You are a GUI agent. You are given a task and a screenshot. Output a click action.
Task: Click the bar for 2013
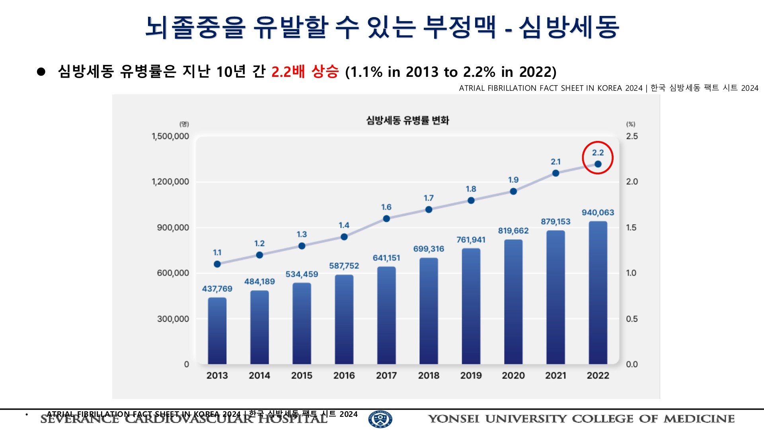click(217, 330)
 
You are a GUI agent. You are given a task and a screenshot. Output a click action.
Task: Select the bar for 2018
click(429, 311)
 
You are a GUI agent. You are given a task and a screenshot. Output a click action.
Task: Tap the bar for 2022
click(598, 293)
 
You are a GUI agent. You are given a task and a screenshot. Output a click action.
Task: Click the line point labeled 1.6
click(386, 219)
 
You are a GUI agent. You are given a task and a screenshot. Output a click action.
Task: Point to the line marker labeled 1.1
click(217, 264)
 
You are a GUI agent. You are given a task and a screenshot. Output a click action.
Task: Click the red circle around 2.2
click(598, 158)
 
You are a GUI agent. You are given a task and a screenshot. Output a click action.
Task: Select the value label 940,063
click(598, 213)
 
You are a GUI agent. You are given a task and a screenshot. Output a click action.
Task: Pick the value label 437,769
click(217, 289)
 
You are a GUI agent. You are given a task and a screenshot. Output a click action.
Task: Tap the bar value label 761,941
click(471, 240)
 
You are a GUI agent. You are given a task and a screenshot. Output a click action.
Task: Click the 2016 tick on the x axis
click(344, 375)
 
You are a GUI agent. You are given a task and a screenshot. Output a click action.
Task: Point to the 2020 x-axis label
click(513, 375)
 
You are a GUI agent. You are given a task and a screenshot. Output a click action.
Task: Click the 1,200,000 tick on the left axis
click(170, 182)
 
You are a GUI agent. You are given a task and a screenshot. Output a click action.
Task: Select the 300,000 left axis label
click(173, 319)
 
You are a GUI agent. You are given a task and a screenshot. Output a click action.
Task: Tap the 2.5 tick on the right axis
click(632, 136)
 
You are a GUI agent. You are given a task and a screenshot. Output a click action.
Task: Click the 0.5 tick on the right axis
click(631, 319)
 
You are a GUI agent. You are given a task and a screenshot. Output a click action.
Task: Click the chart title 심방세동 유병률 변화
click(407, 120)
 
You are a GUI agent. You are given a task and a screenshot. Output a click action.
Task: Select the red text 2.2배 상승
click(305, 72)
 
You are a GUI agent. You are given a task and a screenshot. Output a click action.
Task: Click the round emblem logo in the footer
click(380, 419)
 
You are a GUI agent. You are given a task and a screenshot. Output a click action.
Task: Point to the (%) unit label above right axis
click(631, 124)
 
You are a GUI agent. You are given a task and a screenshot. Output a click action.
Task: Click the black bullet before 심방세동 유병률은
click(41, 72)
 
